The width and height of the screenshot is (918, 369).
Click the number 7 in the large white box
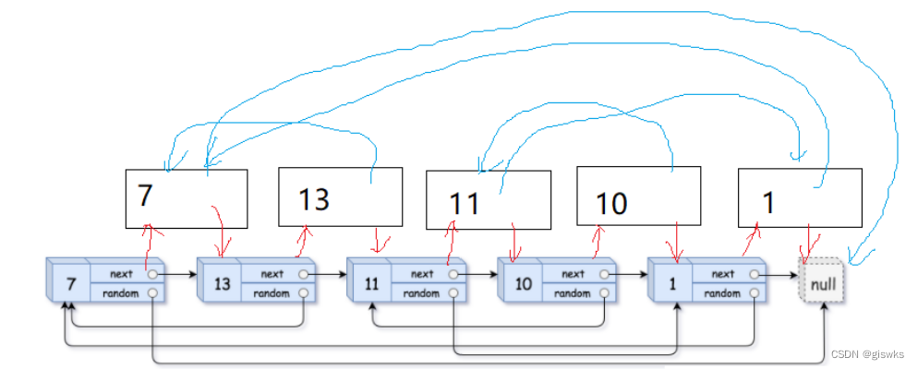click(146, 196)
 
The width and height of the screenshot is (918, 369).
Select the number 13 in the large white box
click(314, 199)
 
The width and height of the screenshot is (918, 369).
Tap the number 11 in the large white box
click(465, 204)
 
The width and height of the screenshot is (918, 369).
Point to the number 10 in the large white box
click(611, 204)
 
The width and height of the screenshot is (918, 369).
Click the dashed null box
click(824, 282)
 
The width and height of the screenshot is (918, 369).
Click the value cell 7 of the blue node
click(71, 284)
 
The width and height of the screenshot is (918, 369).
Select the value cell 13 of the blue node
click(222, 284)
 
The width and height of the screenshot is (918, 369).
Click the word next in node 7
click(121, 274)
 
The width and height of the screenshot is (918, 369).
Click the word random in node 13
click(272, 293)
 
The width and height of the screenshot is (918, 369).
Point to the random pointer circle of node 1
click(755, 293)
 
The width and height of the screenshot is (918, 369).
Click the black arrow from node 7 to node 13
click(177, 274)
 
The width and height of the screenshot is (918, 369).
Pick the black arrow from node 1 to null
click(779, 274)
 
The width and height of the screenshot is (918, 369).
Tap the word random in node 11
click(421, 293)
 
